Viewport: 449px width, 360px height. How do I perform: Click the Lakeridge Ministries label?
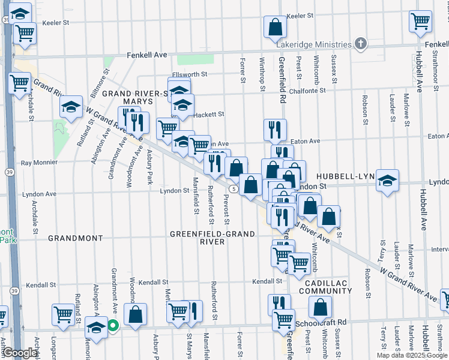(314, 44)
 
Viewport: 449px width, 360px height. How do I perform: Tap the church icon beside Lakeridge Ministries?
(360, 43)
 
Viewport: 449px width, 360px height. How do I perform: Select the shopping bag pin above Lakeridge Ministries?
(275, 27)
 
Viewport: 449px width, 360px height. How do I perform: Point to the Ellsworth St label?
(190, 74)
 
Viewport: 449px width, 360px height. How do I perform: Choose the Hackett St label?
(209, 114)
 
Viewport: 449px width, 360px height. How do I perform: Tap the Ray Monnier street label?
(39, 163)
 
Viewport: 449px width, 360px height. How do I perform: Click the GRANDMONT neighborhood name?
(76, 238)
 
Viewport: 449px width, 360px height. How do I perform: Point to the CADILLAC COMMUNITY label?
(328, 286)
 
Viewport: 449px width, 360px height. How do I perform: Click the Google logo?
(19, 353)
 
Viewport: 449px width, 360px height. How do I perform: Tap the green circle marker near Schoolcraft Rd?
(113, 326)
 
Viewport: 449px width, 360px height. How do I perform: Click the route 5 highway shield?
(234, 189)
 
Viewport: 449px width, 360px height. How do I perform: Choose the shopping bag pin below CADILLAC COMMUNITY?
(321, 307)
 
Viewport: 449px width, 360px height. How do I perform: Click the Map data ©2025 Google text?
(412, 355)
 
